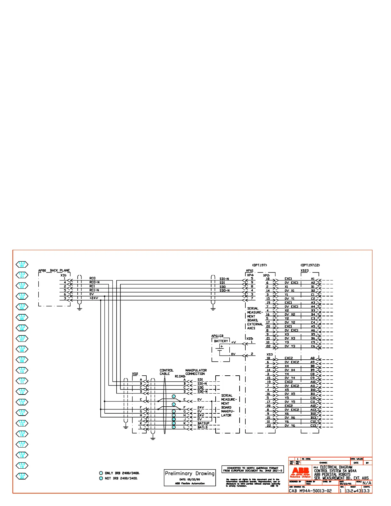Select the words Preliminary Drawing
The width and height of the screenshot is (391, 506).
[x=189, y=473]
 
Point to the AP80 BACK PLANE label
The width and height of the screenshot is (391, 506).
[x=54, y=271]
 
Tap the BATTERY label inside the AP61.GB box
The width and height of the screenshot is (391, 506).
[x=221, y=341]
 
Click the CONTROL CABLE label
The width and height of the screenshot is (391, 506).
[x=166, y=372]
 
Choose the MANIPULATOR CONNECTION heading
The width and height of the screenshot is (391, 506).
[x=196, y=372]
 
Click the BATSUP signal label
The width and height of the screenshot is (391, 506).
[x=203, y=423]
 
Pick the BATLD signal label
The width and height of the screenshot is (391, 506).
[x=203, y=427]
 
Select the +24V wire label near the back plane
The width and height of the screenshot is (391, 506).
[x=94, y=298]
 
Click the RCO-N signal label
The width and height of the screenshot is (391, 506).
[x=95, y=282]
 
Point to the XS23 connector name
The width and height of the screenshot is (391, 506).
[x=305, y=271]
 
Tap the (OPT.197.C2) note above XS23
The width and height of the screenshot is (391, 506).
[x=310, y=265]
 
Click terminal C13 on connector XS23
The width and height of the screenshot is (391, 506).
[x=313, y=425]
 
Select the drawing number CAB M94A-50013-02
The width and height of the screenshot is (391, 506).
[x=310, y=491]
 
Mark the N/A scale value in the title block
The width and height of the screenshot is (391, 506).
[x=367, y=483]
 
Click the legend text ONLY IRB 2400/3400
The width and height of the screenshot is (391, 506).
[x=122, y=473]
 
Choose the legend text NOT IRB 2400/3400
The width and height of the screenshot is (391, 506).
[x=121, y=478]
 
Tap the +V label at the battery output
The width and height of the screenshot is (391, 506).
[x=234, y=342]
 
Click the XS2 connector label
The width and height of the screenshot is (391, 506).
[x=135, y=374]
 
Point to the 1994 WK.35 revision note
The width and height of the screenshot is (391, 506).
[x=356, y=459]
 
